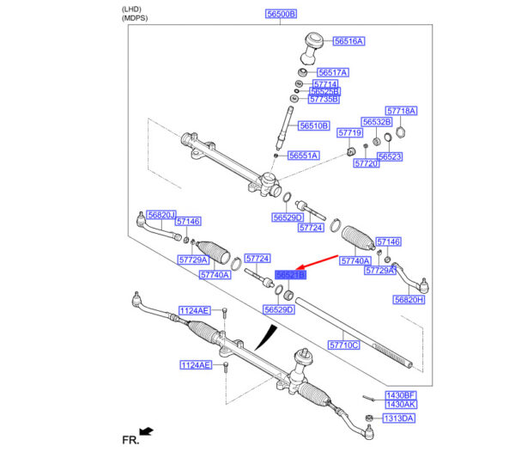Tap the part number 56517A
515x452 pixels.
pyautogui.click(x=332, y=72)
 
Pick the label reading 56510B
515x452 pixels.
pyautogui.click(x=314, y=125)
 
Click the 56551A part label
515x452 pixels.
pyautogui.click(x=303, y=156)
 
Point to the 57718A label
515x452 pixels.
pyautogui.click(x=401, y=111)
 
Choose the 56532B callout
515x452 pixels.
pyautogui.click(x=377, y=122)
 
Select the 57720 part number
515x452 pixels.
pyautogui.click(x=367, y=162)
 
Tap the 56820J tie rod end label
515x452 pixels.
pyautogui.click(x=161, y=215)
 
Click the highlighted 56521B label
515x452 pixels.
pyautogui.click(x=290, y=275)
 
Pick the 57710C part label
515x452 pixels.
pyautogui.click(x=344, y=345)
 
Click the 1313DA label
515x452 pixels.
pyautogui.click(x=398, y=418)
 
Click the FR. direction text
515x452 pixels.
pyautogui.click(x=130, y=439)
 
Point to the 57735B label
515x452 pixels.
pyautogui.click(x=324, y=100)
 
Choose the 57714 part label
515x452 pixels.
pyautogui.click(x=325, y=84)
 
